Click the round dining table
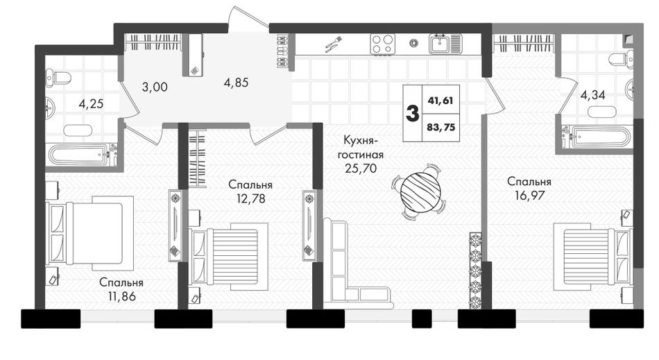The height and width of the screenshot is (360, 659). (420, 191)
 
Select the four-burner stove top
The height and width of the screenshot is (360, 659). (383, 44)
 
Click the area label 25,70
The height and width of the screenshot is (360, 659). (361, 169)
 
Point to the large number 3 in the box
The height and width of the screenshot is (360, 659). (412, 114)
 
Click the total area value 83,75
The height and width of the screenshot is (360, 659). (441, 127)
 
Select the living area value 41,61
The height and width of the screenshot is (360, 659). (440, 101)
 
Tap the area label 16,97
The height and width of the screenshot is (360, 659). (529, 196)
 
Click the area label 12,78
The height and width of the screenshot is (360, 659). (250, 198)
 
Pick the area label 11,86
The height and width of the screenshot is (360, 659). (122, 296)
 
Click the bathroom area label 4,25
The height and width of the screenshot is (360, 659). (91, 103)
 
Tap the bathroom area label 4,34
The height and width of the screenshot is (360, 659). (592, 95)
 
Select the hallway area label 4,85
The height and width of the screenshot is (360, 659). (236, 83)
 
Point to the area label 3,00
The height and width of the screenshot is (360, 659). (155, 87)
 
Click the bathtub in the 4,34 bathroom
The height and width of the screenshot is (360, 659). (596, 137)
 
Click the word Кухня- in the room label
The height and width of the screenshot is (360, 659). (361, 140)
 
